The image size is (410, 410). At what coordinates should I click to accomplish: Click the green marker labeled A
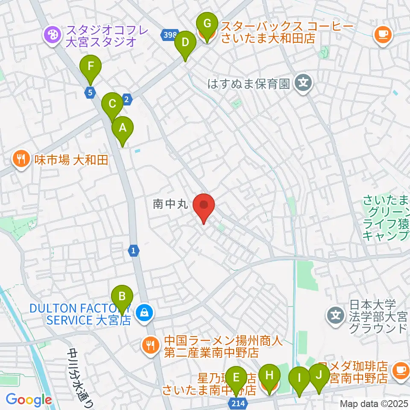pos(123,128)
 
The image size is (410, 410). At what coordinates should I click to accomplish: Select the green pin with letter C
pos(112,104)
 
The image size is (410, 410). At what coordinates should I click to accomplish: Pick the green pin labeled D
pos(185,43)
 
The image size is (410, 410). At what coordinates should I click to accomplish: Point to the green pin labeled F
pos(91,67)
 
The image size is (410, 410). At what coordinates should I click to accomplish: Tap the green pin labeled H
pos(269,376)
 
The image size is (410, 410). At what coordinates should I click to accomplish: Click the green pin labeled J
pos(319,375)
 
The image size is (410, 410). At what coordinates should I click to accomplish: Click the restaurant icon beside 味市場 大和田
pos(20,160)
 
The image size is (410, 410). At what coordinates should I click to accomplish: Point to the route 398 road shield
pos(169,35)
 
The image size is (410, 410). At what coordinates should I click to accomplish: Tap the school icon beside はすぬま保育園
pos(303,81)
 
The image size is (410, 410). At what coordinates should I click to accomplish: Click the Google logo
pos(28,400)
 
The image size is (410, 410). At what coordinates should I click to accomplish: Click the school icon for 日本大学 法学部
pos(335,316)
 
